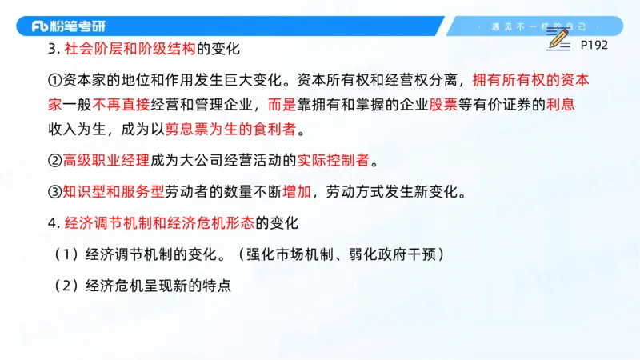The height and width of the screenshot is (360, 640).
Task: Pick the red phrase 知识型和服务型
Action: [114, 192]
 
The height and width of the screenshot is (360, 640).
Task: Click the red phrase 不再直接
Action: [126, 104]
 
